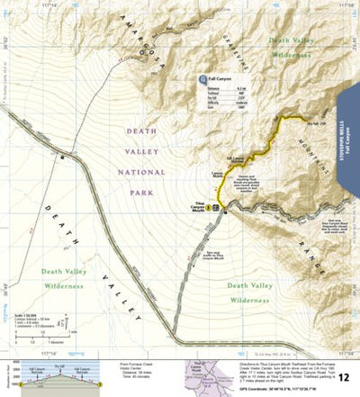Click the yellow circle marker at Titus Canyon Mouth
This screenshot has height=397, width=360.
[x=209, y=207]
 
